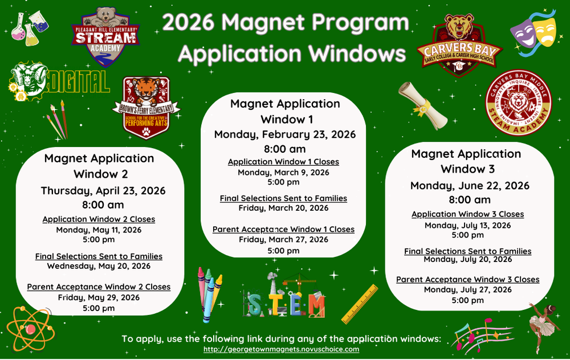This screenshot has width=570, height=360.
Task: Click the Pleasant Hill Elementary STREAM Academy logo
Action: point(105,36)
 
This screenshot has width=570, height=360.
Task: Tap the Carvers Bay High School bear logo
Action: point(459,46)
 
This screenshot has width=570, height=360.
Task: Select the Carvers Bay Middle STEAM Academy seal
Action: point(519,107)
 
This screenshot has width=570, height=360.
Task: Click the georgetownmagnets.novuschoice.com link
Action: point(282,349)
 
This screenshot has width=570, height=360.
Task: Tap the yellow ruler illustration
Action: point(360,304)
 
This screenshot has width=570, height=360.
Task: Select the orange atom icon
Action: point(30,329)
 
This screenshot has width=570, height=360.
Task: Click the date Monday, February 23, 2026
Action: point(285,134)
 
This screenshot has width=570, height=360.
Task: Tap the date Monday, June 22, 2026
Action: point(470,186)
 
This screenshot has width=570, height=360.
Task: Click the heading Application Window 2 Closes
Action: point(99,219)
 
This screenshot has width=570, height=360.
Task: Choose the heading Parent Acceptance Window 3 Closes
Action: point(468,280)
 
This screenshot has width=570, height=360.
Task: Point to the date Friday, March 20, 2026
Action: point(283,208)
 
